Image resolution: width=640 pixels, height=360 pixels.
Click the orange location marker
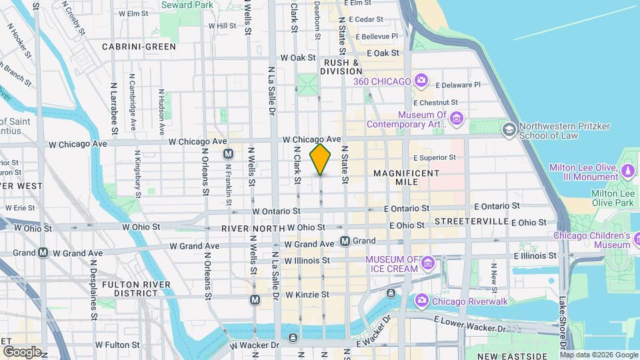(321, 159)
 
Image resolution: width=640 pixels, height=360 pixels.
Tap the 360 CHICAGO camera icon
(421, 81)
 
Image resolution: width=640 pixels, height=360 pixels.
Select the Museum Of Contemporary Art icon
(457, 119)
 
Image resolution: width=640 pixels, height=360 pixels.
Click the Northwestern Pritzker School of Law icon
(510, 128)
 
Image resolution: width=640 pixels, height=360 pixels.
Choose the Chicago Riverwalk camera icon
(421, 301)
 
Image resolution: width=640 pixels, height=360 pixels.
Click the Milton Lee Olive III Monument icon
(628, 171)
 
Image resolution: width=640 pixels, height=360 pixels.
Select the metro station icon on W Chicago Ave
(228, 154)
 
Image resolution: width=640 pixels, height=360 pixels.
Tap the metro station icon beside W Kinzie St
(255, 300)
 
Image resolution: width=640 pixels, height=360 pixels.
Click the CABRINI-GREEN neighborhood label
(139, 47)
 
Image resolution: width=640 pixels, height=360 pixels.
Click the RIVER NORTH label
(249, 229)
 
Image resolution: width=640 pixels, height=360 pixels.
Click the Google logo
(21, 352)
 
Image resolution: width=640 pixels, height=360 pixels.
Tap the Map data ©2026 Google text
(602, 355)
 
